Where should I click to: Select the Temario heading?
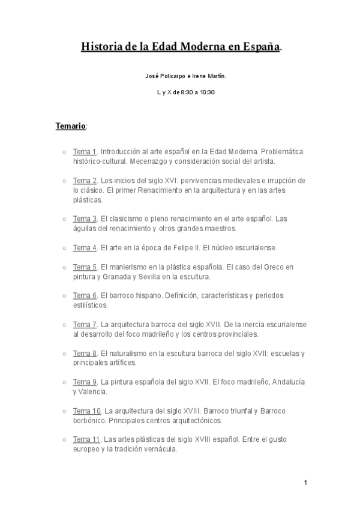(71, 127)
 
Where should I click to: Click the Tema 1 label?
(85, 152)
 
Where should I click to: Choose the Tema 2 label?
(85, 181)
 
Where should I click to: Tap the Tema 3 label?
(85, 218)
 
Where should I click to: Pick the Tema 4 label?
(85, 247)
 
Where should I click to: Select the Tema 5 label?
(85, 267)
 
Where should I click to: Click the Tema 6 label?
(85, 295)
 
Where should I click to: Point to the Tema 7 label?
(85, 324)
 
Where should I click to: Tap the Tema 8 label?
(85, 353)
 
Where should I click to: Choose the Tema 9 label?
(85, 382)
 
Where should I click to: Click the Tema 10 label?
(86, 411)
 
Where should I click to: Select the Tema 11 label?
(86, 439)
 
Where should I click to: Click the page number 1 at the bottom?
(305, 483)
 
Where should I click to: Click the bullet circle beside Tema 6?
(64, 296)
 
